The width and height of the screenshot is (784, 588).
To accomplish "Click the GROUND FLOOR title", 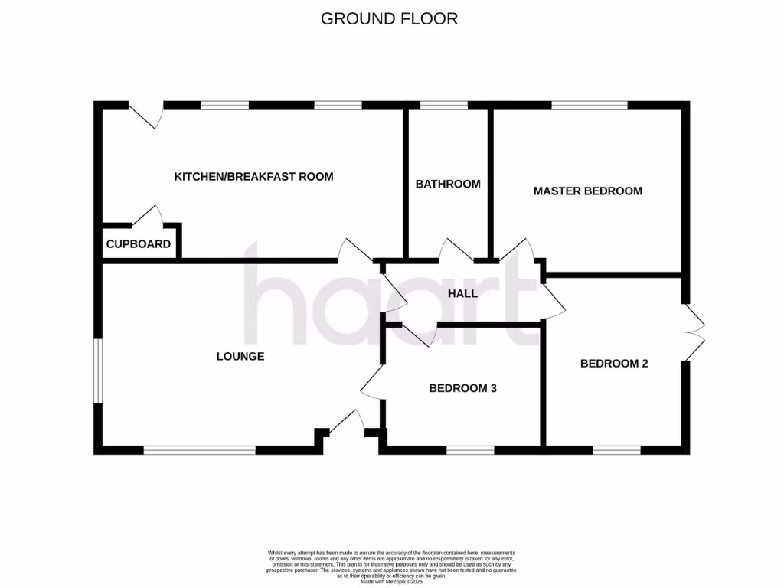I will (x=389, y=18).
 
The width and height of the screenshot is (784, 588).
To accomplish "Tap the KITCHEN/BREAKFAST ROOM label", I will (x=254, y=177).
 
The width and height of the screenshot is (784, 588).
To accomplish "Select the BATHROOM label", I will (x=448, y=184).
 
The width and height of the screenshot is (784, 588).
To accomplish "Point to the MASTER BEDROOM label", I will (x=587, y=191).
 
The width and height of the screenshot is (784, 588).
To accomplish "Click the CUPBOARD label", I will (x=138, y=245).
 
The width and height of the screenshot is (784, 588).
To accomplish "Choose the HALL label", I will (x=462, y=293).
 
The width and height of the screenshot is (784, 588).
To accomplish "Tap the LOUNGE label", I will (x=240, y=356).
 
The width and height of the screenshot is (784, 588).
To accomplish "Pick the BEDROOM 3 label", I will (x=462, y=388).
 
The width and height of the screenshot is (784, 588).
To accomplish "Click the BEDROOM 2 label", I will (x=614, y=364).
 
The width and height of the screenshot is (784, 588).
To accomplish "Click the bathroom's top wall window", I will (x=444, y=106).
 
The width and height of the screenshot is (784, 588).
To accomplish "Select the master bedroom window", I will (x=589, y=106).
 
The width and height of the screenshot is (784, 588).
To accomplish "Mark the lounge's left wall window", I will (x=97, y=370).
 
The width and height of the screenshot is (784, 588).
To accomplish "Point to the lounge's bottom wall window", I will (x=199, y=451).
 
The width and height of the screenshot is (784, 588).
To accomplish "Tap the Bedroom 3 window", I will (x=470, y=451).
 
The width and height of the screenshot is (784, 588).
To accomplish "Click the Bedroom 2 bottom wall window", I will (x=616, y=451).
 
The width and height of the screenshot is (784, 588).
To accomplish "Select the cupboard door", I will (x=148, y=217).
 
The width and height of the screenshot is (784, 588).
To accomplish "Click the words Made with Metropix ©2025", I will (x=391, y=582).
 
